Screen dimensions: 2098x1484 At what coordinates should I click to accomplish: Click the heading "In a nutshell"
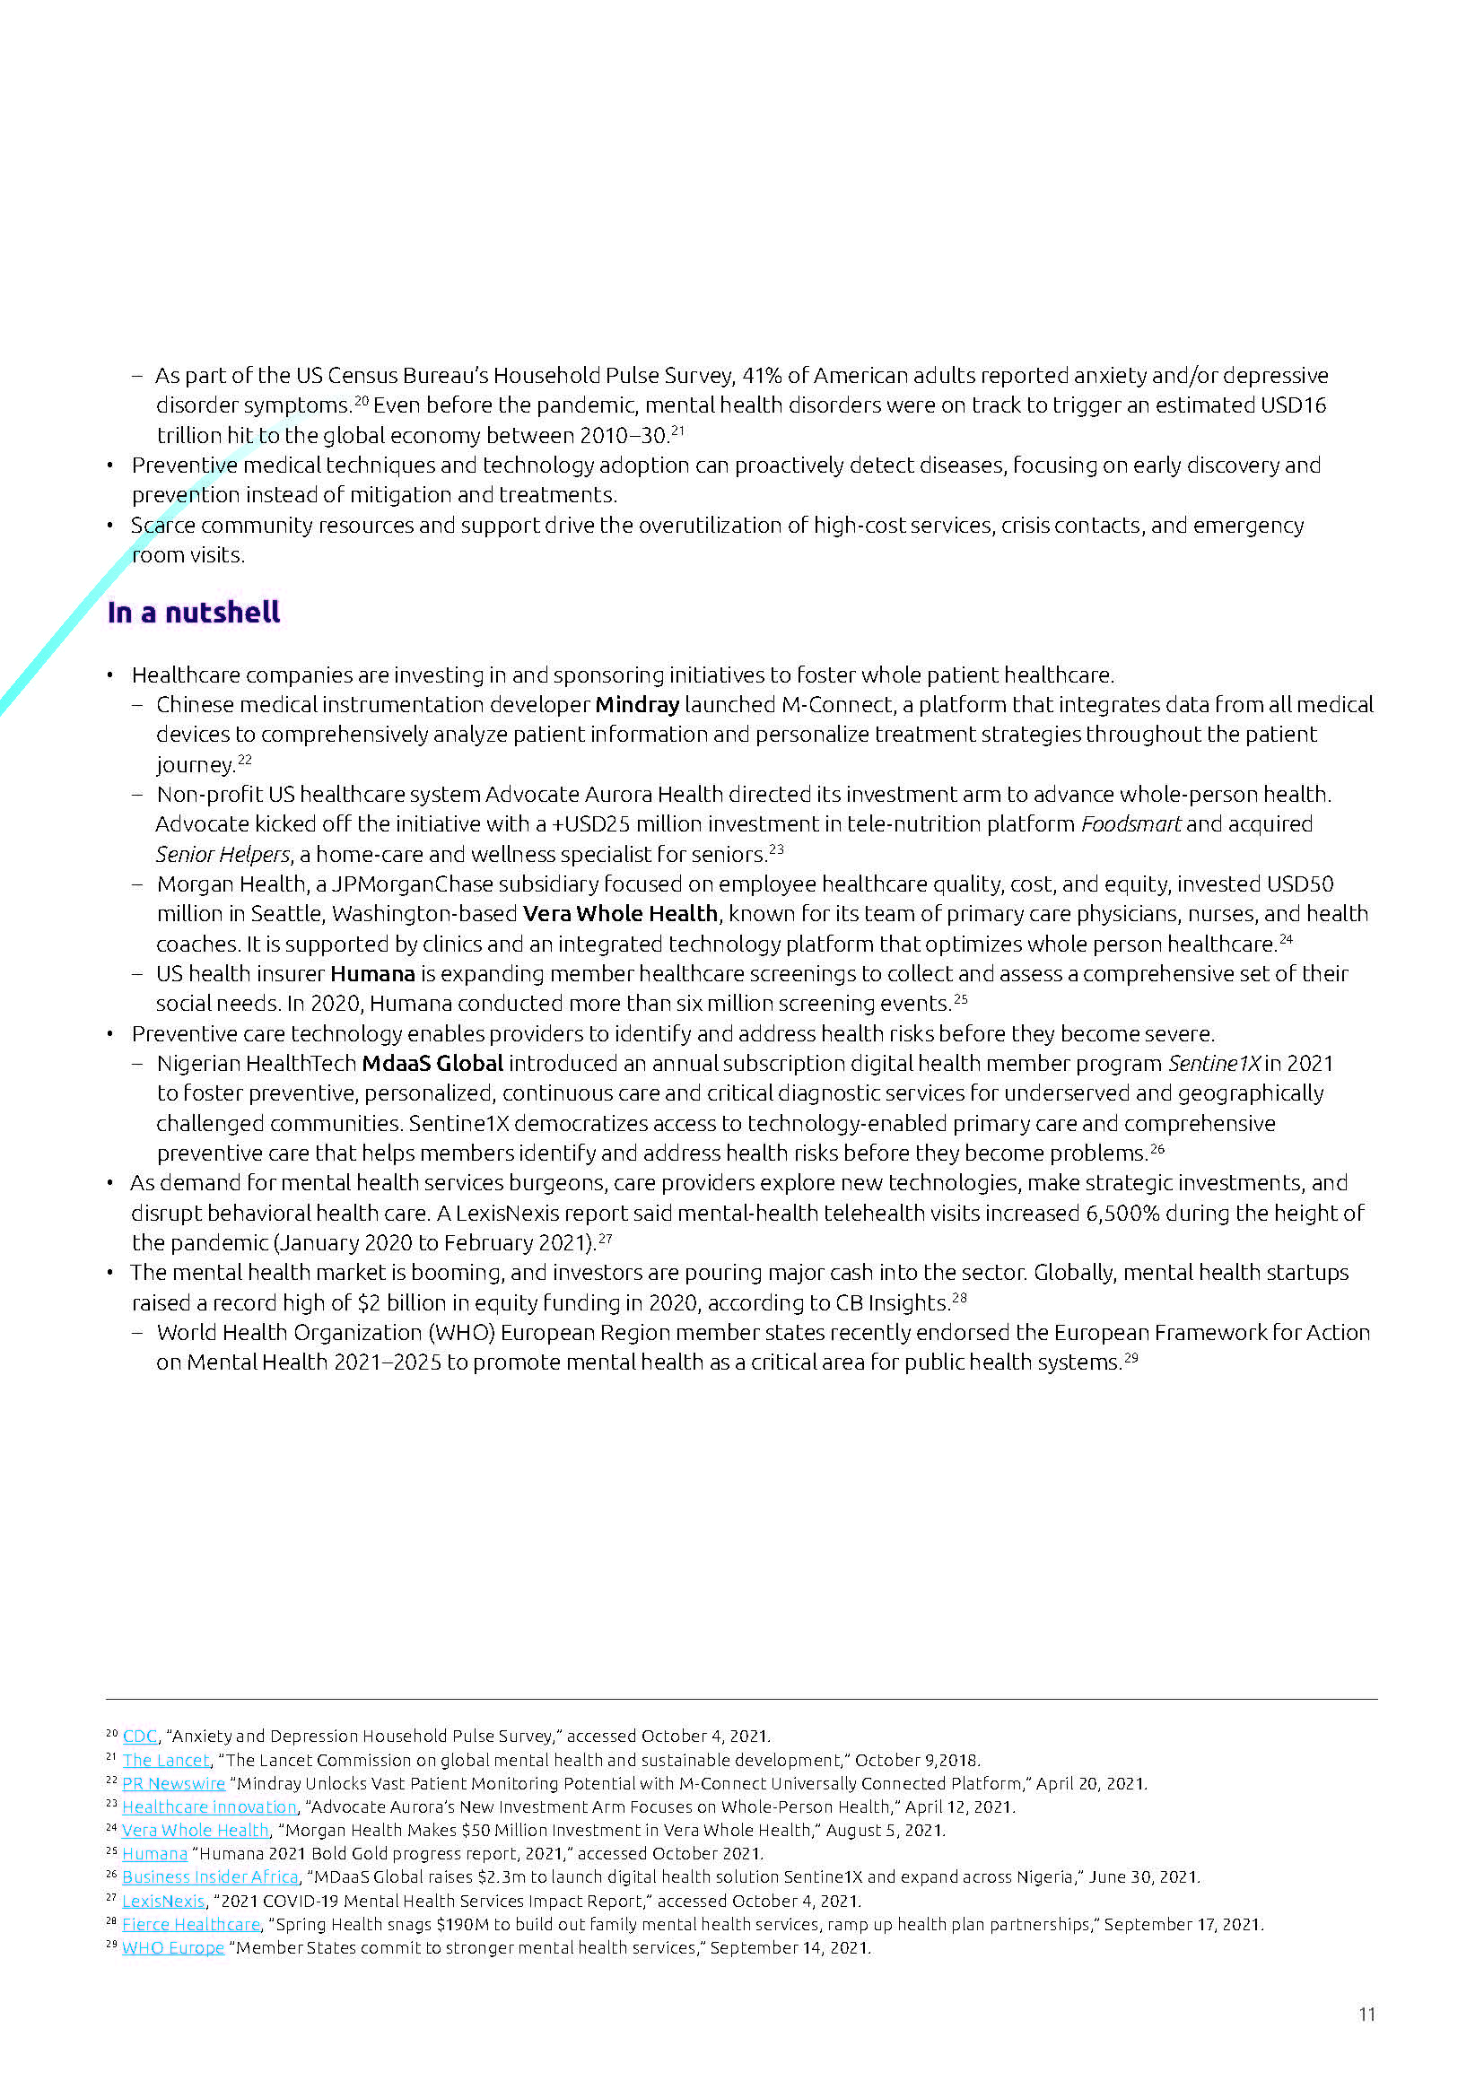(x=194, y=613)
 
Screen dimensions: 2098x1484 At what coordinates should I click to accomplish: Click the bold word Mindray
(x=637, y=704)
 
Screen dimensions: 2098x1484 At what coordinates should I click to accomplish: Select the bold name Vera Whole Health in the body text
(x=621, y=914)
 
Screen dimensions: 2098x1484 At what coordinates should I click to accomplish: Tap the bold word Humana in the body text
(x=372, y=974)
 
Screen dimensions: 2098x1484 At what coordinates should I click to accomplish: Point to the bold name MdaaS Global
(x=432, y=1064)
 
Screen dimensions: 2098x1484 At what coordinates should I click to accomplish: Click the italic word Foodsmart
(x=1130, y=824)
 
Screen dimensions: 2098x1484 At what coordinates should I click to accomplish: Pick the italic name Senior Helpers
(x=222, y=855)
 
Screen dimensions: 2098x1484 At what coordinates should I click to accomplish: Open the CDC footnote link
(x=140, y=1737)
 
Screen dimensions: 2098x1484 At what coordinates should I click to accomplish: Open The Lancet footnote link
(x=166, y=1760)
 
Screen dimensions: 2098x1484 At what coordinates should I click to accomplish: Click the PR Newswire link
(x=174, y=1784)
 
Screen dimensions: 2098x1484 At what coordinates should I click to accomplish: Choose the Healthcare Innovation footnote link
(x=209, y=1807)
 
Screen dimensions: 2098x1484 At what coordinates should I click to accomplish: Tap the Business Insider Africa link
(x=210, y=1876)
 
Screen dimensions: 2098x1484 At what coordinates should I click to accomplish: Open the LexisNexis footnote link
(x=163, y=1901)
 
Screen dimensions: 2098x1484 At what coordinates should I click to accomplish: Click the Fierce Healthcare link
(x=191, y=1924)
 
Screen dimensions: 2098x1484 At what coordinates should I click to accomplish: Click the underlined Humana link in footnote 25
(x=154, y=1854)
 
